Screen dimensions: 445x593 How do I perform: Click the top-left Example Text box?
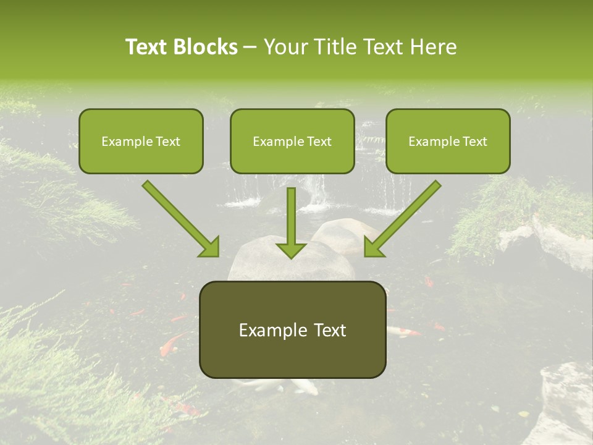pos(141,141)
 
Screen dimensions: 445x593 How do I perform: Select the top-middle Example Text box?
pos(292,141)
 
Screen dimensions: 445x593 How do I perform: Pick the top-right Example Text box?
pos(448,141)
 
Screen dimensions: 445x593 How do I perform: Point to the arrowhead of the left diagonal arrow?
pos(209,247)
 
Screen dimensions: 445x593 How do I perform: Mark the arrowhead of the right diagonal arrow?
pos(374,247)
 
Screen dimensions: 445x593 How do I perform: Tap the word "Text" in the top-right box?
pos(474,142)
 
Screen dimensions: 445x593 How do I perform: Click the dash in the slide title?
pos(250,47)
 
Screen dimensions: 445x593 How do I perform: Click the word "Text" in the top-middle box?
pos(318,142)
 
